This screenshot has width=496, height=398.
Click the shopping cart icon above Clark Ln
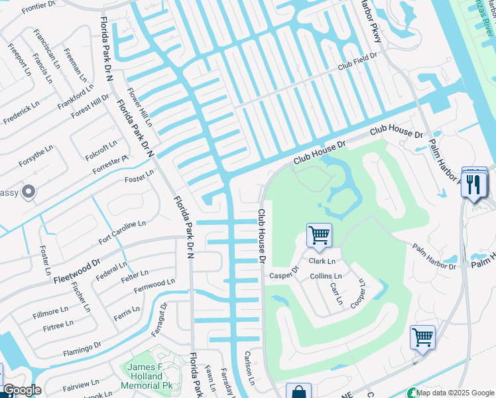tap(319, 235)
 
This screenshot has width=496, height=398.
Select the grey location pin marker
tap(28, 192)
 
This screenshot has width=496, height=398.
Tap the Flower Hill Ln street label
tap(140, 107)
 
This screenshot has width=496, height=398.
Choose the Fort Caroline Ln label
tap(122, 233)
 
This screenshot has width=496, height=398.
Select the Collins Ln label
tap(326, 276)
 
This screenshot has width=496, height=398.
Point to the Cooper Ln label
tap(358, 292)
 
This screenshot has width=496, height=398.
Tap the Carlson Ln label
tap(249, 367)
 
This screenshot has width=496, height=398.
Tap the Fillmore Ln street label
tap(50, 310)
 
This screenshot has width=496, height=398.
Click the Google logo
tap(21, 391)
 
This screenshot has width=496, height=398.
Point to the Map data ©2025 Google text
tap(455, 393)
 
